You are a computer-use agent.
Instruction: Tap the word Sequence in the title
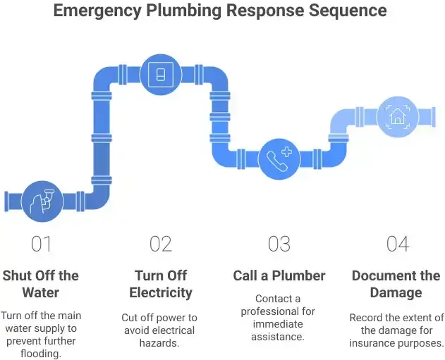(347, 11)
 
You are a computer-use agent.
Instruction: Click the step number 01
(42, 244)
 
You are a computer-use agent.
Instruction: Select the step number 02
(161, 244)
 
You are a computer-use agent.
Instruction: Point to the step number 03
(279, 244)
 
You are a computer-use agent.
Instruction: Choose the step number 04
(398, 244)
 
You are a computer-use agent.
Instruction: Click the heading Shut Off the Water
(41, 283)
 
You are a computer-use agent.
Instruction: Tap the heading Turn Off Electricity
(161, 283)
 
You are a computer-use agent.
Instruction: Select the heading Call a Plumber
(279, 275)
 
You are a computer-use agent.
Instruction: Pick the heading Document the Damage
(397, 283)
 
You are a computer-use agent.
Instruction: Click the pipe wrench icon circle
(41, 200)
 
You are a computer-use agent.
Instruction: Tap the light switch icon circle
(161, 73)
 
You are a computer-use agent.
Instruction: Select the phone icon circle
(279, 159)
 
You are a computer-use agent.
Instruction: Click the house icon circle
(398, 116)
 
